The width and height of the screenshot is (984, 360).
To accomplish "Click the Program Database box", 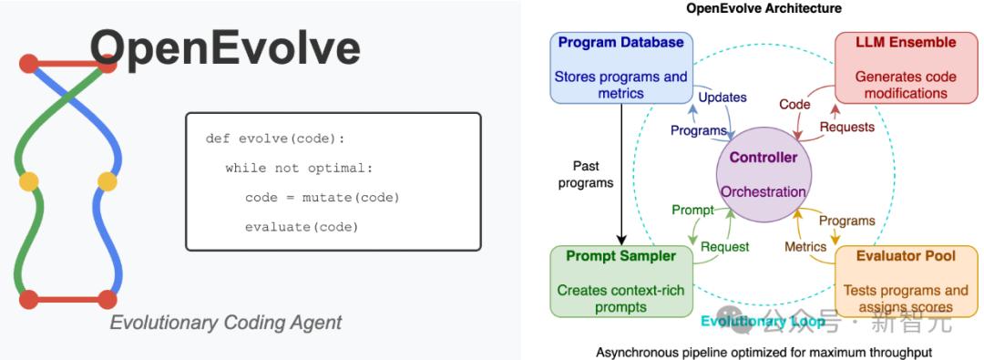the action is [x=621, y=67].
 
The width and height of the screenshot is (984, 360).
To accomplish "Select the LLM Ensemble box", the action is [x=907, y=67].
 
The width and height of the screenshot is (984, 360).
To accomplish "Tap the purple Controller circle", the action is [x=764, y=174].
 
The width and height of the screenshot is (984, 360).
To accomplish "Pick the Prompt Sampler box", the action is [x=621, y=282].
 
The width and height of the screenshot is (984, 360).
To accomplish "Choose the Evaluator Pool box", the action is [x=907, y=282].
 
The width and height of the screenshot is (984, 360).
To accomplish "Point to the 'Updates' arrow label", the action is [x=723, y=98].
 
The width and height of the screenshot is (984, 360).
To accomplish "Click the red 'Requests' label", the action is [x=847, y=127].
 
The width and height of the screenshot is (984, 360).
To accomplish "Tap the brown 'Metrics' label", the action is [x=805, y=247].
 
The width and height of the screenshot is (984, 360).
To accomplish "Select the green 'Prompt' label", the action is [x=692, y=210].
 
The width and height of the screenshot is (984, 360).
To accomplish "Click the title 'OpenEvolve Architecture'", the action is [x=764, y=8].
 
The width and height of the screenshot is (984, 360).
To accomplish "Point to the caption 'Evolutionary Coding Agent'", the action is [x=226, y=323].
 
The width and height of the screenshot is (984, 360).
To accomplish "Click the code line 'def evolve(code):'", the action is [x=275, y=139].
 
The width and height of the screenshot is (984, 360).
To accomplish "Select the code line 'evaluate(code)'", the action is [x=302, y=228].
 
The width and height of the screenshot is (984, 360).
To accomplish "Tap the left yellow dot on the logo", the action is [x=29, y=181].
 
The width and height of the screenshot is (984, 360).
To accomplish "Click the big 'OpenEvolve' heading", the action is [x=225, y=47].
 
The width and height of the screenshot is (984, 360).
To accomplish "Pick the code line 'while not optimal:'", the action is [x=299, y=169].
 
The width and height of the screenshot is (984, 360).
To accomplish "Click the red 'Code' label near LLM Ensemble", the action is [x=794, y=104].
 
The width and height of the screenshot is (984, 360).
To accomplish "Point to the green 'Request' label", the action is [x=725, y=247].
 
